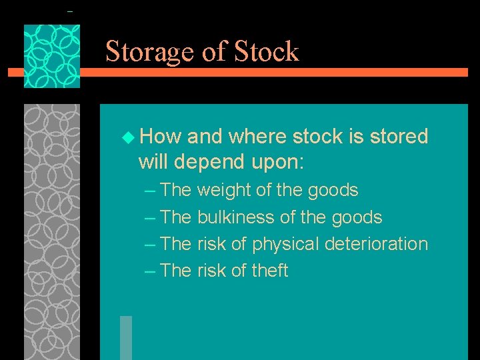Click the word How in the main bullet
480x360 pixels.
tap(161, 137)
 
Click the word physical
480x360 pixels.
tap(285, 244)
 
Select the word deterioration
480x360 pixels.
tap(376, 244)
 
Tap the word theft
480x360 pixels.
tap(270, 271)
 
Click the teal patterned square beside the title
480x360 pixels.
tap(52, 56)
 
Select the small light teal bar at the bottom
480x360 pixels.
tap(125, 337)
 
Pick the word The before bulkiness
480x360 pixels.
tap(176, 217)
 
